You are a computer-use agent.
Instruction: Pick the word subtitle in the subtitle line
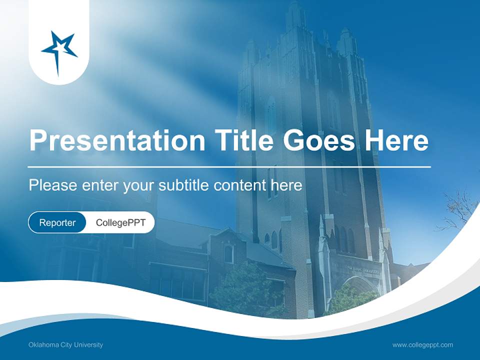[183, 185]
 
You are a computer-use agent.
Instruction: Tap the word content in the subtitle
[240, 185]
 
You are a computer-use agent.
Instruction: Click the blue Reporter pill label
[57, 222]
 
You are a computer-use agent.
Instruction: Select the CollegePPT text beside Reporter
[120, 222]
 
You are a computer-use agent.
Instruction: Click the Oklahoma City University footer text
[66, 344]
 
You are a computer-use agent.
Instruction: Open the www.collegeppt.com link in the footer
[422, 344]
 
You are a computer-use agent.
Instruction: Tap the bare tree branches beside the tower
[457, 210]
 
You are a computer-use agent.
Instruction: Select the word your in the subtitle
[139, 186]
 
